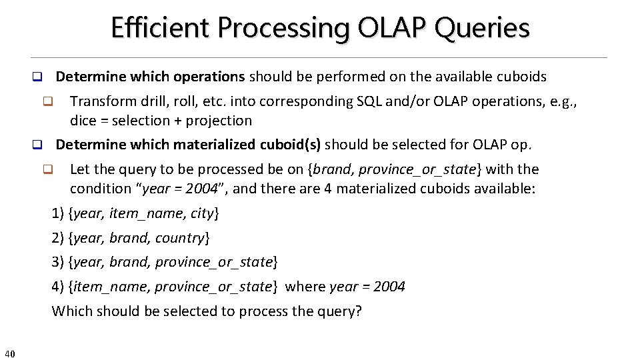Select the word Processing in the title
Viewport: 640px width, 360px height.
click(x=284, y=29)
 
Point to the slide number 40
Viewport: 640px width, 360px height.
click(x=9, y=353)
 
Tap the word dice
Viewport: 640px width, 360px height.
click(x=83, y=121)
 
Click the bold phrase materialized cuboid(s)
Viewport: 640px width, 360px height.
click(x=247, y=145)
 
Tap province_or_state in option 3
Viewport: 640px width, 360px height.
click(x=214, y=262)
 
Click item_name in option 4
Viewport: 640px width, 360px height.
click(x=103, y=287)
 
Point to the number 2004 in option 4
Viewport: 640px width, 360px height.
click(x=389, y=287)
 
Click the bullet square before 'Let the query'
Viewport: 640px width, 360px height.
click(x=48, y=169)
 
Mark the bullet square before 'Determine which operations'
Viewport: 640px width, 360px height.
click(x=38, y=77)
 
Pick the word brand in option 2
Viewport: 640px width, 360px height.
click(x=129, y=238)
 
